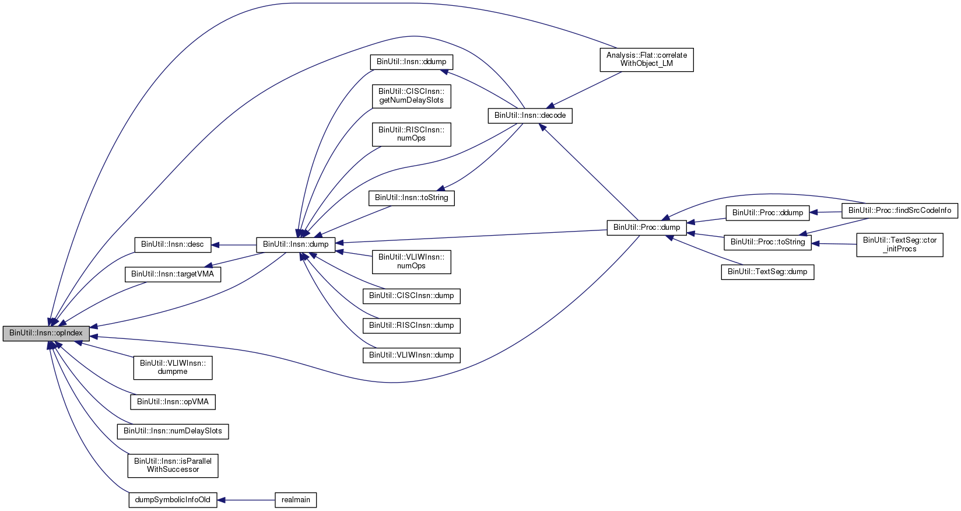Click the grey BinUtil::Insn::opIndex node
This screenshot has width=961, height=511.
pos(46,333)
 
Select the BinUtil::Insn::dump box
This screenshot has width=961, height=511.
pos(296,244)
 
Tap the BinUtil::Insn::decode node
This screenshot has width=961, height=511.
pos(530,116)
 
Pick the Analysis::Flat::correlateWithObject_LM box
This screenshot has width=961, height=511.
pos(647,60)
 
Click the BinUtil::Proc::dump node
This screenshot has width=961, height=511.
pos(647,228)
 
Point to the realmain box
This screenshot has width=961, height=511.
pos(296,500)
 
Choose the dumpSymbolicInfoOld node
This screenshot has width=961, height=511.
pos(173,500)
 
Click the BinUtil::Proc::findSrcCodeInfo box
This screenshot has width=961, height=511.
pos(899,211)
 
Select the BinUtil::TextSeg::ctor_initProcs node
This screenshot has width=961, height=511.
pos(899,244)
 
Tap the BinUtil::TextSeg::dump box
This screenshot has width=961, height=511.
pos(767,272)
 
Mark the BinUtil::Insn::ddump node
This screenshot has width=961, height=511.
pos(411,62)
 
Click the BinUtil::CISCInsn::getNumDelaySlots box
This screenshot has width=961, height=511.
pos(411,96)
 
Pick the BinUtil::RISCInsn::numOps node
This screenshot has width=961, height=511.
pos(411,134)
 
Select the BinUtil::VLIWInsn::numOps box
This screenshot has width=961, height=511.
pos(411,261)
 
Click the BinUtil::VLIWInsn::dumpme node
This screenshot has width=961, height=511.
pos(173,367)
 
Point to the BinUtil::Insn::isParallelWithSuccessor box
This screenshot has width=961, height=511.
pos(173,466)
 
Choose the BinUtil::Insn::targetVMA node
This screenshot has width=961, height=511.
pos(173,274)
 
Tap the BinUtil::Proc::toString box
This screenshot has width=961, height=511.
pos(767,242)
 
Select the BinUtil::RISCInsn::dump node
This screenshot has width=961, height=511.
pos(411,325)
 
